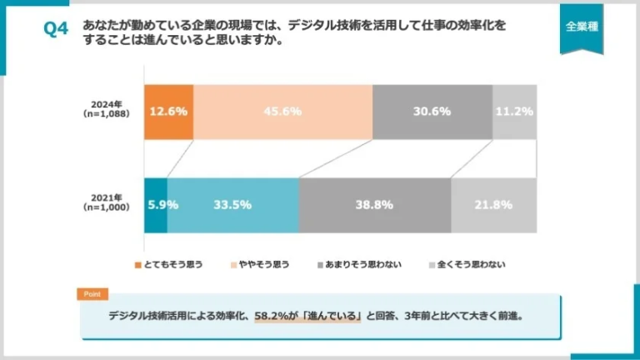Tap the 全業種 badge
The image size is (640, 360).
(581, 27)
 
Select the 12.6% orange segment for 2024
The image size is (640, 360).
(169, 112)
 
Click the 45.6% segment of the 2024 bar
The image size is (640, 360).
(282, 112)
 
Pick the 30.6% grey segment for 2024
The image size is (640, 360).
(432, 112)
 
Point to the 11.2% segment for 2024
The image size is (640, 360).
(514, 112)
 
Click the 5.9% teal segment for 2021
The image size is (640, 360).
(156, 205)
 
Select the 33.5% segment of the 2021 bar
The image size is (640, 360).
(232, 205)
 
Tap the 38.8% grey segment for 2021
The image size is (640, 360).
(374, 205)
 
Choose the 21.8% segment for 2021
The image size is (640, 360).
(493, 205)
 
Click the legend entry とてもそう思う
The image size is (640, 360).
(169, 264)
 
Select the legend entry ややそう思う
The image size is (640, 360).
(259, 264)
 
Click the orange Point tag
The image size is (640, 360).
(92, 294)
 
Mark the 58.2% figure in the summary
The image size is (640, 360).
(272, 317)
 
